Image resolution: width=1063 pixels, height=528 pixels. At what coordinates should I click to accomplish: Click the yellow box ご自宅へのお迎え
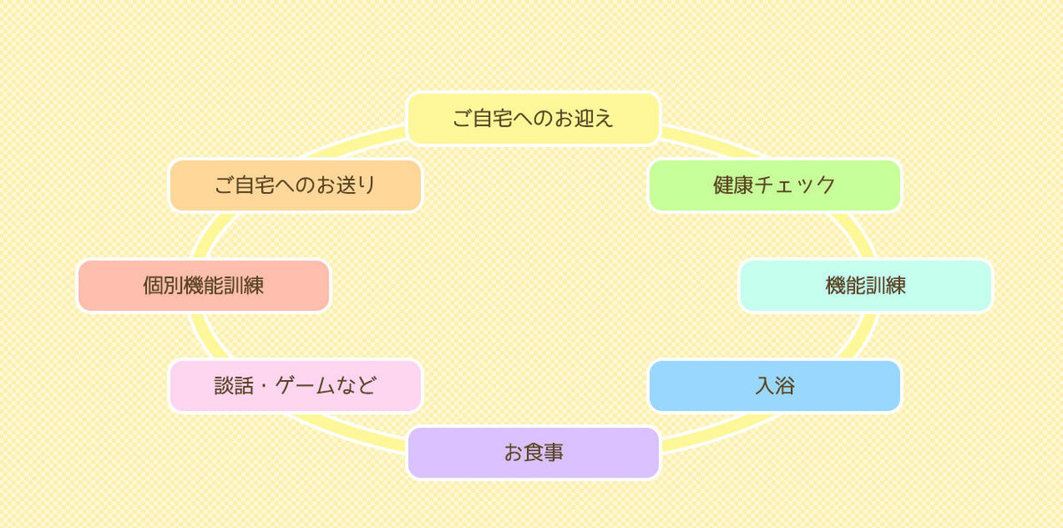pyautogui.click(x=533, y=118)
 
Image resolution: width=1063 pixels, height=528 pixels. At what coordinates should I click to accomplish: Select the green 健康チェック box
pyautogui.click(x=774, y=185)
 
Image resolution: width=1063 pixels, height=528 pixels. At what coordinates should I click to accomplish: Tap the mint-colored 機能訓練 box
pyautogui.click(x=865, y=285)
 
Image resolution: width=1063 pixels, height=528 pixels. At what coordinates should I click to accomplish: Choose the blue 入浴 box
pyautogui.click(x=774, y=385)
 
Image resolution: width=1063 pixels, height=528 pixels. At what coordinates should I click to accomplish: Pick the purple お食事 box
pyautogui.click(x=533, y=453)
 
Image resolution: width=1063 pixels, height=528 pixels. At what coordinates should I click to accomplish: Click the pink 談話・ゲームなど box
pyautogui.click(x=295, y=385)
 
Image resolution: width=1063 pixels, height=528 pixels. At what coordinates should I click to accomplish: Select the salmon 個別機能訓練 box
pyautogui.click(x=204, y=285)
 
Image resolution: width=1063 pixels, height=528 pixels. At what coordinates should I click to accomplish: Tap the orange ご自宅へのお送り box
pyautogui.click(x=295, y=185)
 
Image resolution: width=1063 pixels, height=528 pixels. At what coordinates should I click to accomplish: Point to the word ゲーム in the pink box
pyautogui.click(x=306, y=385)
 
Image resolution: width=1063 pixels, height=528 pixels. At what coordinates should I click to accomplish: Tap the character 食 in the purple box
pyautogui.click(x=533, y=453)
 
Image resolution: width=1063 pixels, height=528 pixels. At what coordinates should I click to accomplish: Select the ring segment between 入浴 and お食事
pyautogui.click(x=721, y=431)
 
